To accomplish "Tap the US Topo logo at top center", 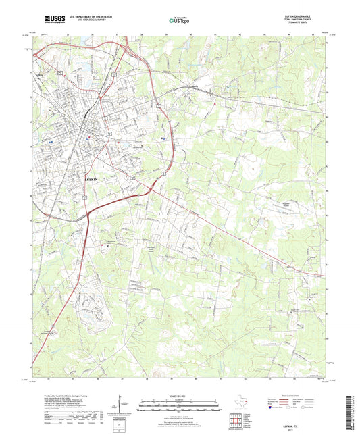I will pos(178,21).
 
